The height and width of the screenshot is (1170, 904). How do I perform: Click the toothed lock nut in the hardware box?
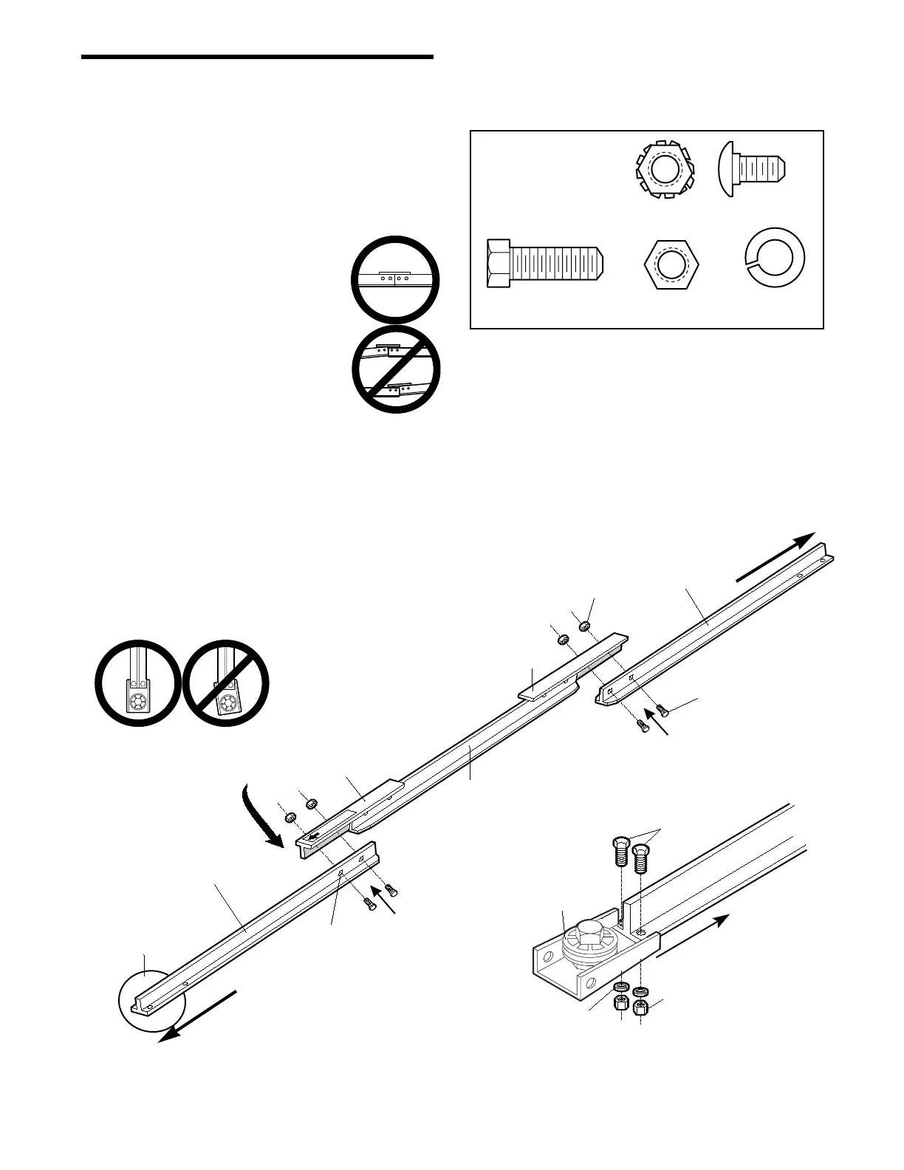662,171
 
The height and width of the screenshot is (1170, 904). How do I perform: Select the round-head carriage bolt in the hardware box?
753,170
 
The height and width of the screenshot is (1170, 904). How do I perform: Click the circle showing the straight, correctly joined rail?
395,279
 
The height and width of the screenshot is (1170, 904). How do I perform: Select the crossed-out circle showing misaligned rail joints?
396,369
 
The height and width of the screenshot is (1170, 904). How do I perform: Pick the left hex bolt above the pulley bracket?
621,853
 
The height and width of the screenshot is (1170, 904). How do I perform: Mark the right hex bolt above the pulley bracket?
640,858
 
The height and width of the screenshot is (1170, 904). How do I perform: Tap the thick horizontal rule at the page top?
257,57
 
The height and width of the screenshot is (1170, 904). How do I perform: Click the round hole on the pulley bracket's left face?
547,959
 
